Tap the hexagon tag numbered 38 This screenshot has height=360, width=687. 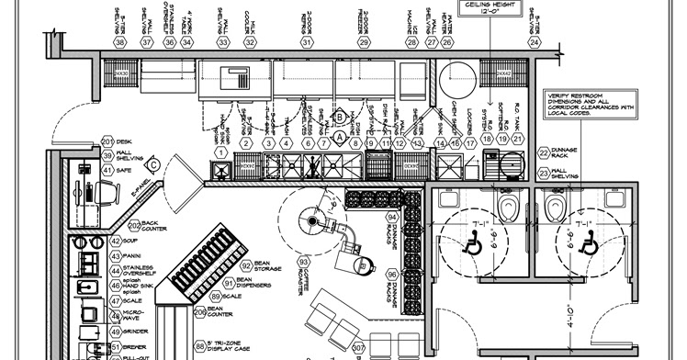pos(120,42)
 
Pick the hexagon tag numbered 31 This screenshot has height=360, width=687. pos(307,42)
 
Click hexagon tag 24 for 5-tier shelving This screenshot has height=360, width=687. pos(533,42)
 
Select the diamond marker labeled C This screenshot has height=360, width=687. pos(153,164)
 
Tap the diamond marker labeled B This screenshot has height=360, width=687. pos(338,117)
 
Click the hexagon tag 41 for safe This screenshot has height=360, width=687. pos(107,169)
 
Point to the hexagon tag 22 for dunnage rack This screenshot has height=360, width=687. pos(544,152)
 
